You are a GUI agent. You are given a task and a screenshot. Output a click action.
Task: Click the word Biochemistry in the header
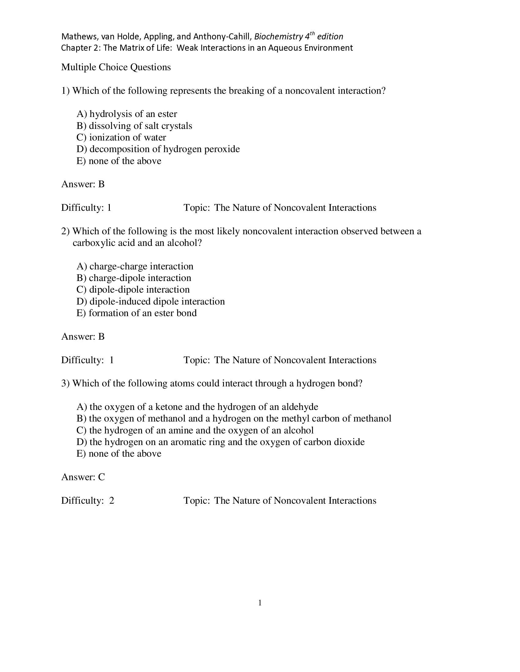[x=278, y=37]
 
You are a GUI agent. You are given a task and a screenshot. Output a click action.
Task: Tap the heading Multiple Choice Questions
[x=116, y=67]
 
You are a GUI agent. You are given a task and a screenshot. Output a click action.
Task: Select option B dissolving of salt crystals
[x=134, y=126]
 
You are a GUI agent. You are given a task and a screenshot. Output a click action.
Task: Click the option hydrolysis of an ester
[x=127, y=114]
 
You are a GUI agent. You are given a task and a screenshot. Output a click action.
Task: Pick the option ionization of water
[x=121, y=137]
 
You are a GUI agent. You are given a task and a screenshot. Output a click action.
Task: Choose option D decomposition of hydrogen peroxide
[x=158, y=149]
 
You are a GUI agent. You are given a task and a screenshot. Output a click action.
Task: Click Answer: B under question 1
[x=83, y=184]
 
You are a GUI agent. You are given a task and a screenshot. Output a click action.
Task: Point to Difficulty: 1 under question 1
[x=86, y=208]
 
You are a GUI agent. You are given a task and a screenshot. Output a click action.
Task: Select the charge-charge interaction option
[x=135, y=266]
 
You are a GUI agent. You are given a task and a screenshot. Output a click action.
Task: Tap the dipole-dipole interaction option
[x=133, y=290]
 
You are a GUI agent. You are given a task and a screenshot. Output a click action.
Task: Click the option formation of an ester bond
[x=136, y=313]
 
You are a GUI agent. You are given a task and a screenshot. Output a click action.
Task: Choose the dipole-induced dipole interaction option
[x=150, y=301]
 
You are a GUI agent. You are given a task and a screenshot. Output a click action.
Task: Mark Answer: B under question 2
[x=83, y=337]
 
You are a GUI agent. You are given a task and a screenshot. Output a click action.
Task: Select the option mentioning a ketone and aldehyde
[x=197, y=407]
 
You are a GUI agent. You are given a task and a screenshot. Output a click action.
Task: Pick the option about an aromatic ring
[x=221, y=442]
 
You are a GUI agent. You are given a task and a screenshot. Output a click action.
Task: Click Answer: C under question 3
[x=83, y=477]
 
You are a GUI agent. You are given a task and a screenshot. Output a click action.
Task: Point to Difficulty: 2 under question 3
[x=87, y=501]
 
